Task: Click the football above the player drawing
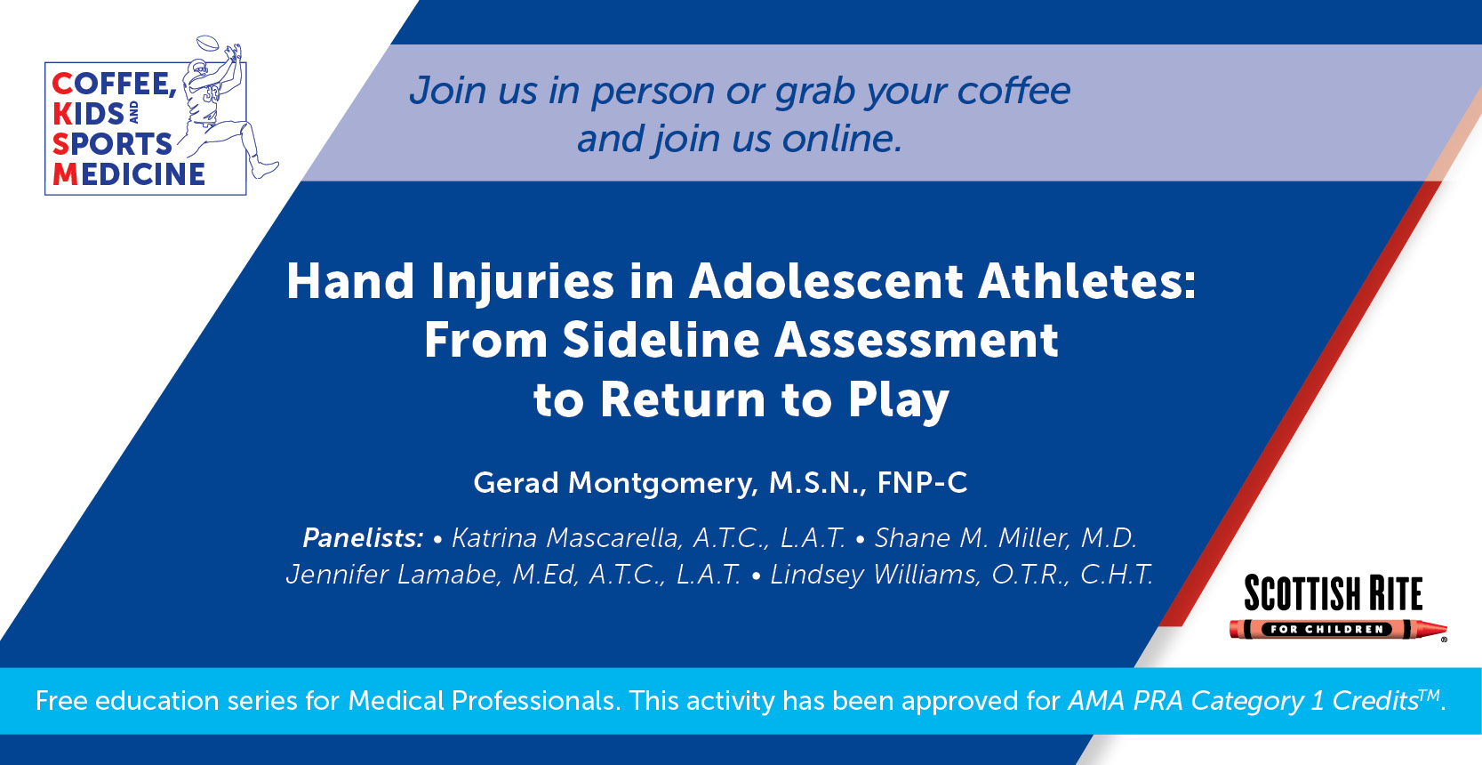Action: [x=208, y=43]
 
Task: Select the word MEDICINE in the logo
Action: [x=129, y=174]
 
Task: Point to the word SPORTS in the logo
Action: [x=113, y=144]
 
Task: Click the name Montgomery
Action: [x=663, y=484]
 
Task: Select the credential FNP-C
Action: [x=922, y=482]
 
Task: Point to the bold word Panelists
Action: [x=363, y=538]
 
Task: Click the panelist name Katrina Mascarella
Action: [x=566, y=538]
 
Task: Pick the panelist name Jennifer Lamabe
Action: [x=393, y=575]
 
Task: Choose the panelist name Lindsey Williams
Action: [x=874, y=575]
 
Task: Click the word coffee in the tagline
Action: [x=1013, y=90]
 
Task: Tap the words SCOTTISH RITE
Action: [x=1334, y=593]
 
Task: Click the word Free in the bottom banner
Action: [x=61, y=701]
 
